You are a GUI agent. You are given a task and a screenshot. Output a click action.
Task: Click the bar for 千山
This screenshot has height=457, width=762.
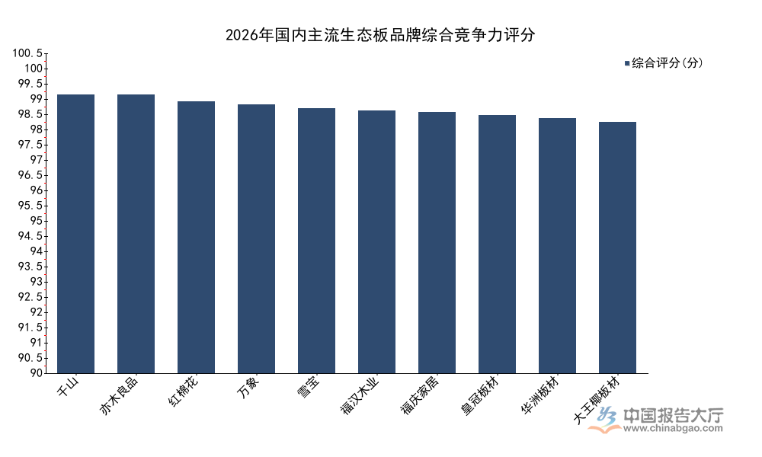point(75,234)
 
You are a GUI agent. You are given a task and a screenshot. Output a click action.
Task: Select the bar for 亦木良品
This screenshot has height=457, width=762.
point(136,234)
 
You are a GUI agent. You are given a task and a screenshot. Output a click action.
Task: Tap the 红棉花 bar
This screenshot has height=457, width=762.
point(197,237)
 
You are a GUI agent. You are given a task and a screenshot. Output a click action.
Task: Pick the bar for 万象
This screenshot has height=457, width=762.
point(256,238)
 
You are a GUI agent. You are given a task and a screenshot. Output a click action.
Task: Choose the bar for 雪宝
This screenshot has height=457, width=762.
point(316,241)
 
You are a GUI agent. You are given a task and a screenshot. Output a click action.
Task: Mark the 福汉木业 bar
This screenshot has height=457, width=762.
point(376,242)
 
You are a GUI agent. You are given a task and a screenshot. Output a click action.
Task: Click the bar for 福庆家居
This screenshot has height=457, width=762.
point(437,242)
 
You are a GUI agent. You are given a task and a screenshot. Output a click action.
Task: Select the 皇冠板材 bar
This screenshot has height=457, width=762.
point(497,244)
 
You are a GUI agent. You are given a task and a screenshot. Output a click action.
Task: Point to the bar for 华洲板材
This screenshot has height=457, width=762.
point(558,245)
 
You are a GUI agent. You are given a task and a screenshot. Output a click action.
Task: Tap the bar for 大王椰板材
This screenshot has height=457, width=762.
point(618,248)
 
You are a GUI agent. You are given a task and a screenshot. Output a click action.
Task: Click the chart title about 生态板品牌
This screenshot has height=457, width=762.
point(380,34)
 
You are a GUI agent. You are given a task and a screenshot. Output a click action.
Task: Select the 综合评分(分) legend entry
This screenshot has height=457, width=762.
point(664,62)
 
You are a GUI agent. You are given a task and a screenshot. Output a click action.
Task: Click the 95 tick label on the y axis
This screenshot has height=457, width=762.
point(36,221)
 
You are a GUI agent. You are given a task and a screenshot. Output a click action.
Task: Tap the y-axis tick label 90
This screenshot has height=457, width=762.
point(36,373)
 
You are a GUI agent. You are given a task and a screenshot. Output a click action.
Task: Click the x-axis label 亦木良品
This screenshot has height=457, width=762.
point(119,395)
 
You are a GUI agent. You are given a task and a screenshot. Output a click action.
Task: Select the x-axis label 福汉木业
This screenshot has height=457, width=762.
point(360,395)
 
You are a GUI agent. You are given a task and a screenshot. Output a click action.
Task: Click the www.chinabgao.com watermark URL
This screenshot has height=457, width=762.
point(673,428)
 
